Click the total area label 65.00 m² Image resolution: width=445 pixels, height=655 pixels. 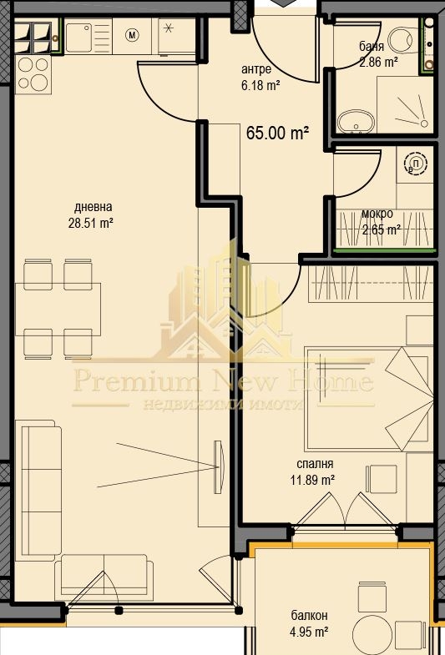pos(278,134)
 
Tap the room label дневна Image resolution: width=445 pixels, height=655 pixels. pos(94,207)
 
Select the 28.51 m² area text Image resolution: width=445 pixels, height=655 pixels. pos(91,223)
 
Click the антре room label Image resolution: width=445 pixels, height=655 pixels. pos(256,69)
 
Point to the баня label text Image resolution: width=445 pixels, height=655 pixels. pos(372,46)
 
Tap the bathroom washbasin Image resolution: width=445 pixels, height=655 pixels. pos(356,122)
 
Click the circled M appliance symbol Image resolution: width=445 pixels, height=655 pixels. pos(132,36)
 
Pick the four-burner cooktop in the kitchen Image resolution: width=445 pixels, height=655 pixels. pos(34,74)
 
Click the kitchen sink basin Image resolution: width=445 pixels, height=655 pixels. pos(78,37)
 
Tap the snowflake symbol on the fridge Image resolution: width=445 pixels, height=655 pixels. pos(169,28)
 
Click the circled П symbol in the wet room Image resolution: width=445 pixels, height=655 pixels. pos(416,164)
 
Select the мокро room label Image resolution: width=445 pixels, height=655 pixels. pos(377,214)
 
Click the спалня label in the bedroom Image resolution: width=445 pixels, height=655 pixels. pos(315,464)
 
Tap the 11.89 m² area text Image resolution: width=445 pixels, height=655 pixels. pos(312,480)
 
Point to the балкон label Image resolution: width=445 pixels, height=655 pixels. pos(309,615)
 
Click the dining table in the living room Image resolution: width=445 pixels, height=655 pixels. pos(58,310)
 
